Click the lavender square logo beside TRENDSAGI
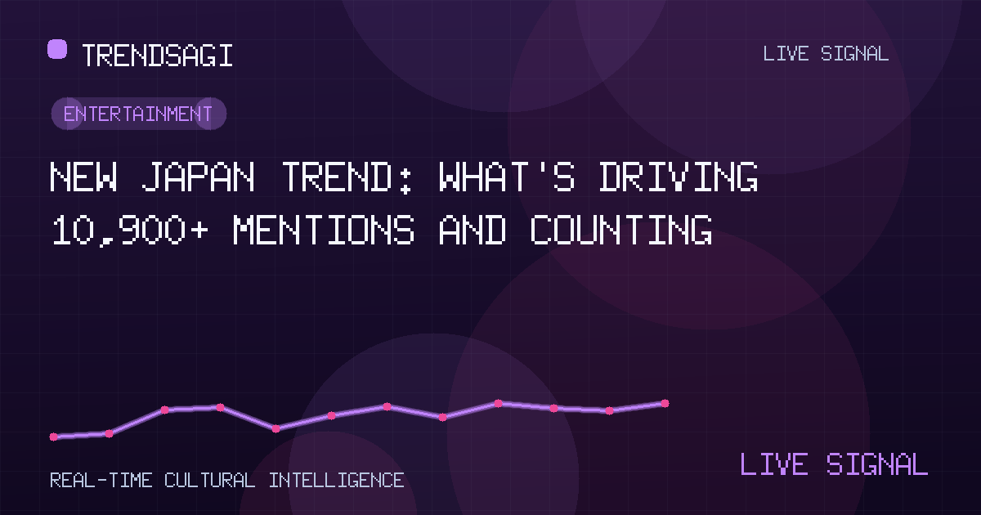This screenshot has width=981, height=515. click(x=57, y=48)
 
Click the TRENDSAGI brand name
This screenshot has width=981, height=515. click(x=157, y=56)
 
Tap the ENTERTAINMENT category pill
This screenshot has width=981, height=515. click(x=139, y=114)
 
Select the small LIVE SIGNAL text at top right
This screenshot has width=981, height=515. click(x=826, y=54)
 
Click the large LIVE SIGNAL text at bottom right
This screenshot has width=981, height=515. click(x=834, y=463)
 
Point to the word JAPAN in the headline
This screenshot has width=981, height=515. click(x=198, y=177)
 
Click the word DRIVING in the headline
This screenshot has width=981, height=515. click(x=679, y=177)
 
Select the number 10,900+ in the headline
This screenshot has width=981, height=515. click(x=129, y=230)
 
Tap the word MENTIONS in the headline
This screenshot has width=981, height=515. click(x=324, y=230)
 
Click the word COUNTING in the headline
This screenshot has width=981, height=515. click(x=621, y=230)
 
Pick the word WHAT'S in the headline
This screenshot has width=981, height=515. click(x=506, y=177)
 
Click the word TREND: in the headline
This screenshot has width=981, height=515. click(x=347, y=177)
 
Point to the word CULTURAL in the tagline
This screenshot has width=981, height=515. click(x=209, y=481)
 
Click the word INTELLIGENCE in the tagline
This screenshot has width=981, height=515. click(x=336, y=481)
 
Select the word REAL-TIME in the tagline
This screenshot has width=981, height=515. click(x=101, y=481)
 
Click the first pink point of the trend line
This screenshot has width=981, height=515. click(x=54, y=437)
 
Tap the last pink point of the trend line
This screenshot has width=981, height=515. click(x=665, y=403)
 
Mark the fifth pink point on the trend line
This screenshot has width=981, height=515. click(x=276, y=428)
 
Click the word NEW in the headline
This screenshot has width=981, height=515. click(x=83, y=177)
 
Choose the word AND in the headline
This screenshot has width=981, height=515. click(x=473, y=230)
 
